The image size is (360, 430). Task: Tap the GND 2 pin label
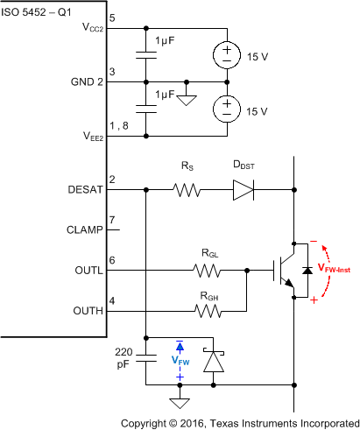coord(85,82)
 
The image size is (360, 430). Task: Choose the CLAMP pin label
coord(86,231)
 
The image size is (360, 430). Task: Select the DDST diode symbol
coord(244,189)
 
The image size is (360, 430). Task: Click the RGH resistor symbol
coord(208,311)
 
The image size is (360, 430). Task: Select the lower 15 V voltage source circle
coord(226,109)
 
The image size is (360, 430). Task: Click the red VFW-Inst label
coord(337,270)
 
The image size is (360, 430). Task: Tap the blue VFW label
coord(179,360)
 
